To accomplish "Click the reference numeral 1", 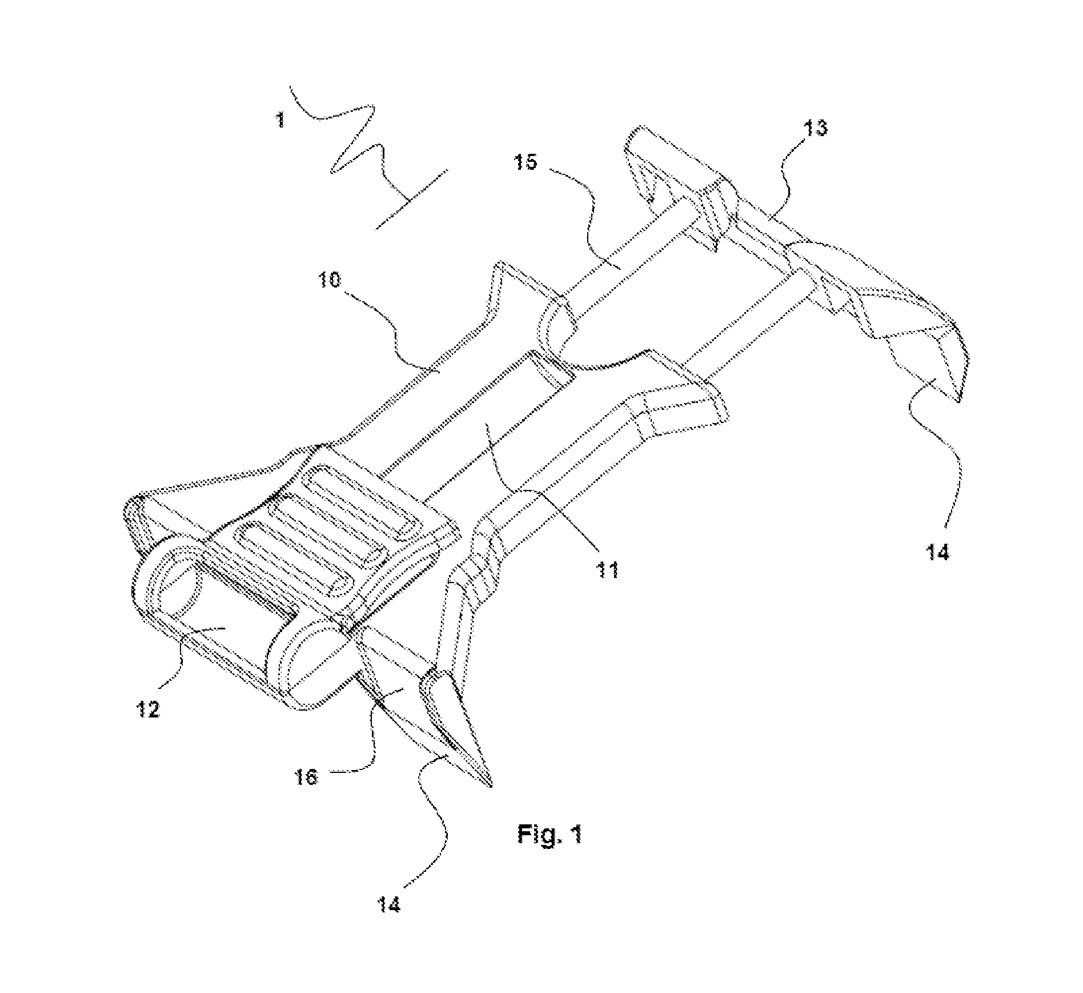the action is [x=280, y=121].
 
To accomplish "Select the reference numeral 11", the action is [x=607, y=569].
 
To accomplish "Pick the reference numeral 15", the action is [x=524, y=162].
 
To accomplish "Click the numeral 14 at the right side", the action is [x=937, y=552].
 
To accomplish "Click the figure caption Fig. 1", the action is [x=549, y=834].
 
